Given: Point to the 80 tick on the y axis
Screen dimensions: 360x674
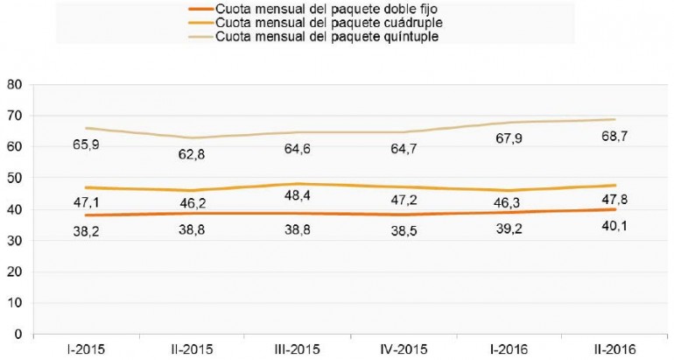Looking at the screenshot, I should [x=14, y=84].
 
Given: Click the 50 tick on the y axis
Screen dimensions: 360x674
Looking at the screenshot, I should [x=14, y=178].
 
